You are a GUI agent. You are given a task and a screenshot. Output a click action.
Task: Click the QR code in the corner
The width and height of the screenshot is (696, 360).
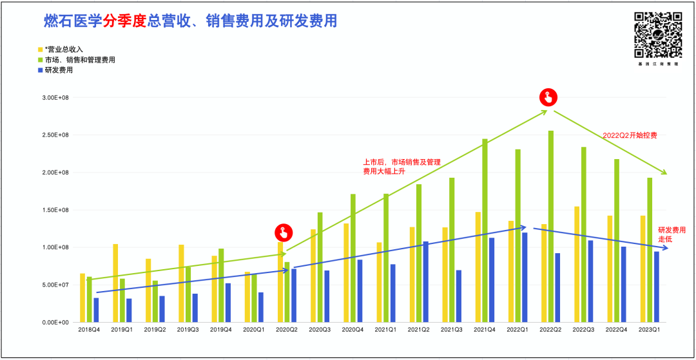(x=658, y=35)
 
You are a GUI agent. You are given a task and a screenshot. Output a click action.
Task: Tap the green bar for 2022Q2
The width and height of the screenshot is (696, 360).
(x=551, y=226)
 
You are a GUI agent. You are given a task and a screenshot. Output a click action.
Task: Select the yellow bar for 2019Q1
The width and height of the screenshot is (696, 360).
(x=115, y=283)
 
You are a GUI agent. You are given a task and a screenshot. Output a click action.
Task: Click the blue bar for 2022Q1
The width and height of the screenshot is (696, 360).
(x=525, y=277)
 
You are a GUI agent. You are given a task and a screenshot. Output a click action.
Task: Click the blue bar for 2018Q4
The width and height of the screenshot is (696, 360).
(x=96, y=310)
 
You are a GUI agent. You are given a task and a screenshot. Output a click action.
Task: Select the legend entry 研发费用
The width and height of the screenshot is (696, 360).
(x=59, y=70)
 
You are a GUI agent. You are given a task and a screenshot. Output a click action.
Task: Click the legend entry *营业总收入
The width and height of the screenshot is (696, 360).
(x=63, y=50)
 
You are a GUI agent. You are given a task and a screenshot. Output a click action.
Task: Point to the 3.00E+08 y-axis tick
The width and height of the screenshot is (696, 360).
(x=55, y=98)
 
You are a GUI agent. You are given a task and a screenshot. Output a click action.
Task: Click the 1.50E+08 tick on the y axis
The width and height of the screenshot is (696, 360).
(x=55, y=210)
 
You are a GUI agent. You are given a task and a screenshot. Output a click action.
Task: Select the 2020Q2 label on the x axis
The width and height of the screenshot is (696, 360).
(x=287, y=329)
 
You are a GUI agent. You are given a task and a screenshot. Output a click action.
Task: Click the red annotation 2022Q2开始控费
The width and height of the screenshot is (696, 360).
(x=629, y=135)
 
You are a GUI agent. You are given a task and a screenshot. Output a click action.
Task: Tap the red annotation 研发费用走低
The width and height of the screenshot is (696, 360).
(x=671, y=234)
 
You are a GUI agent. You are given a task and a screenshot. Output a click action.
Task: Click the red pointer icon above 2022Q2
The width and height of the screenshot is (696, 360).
(x=548, y=97)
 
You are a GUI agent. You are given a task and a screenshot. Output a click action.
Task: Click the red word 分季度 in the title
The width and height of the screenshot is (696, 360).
(x=123, y=21)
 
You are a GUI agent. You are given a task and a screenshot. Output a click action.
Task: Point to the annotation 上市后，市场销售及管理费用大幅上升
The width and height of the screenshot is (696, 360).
(x=401, y=167)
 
